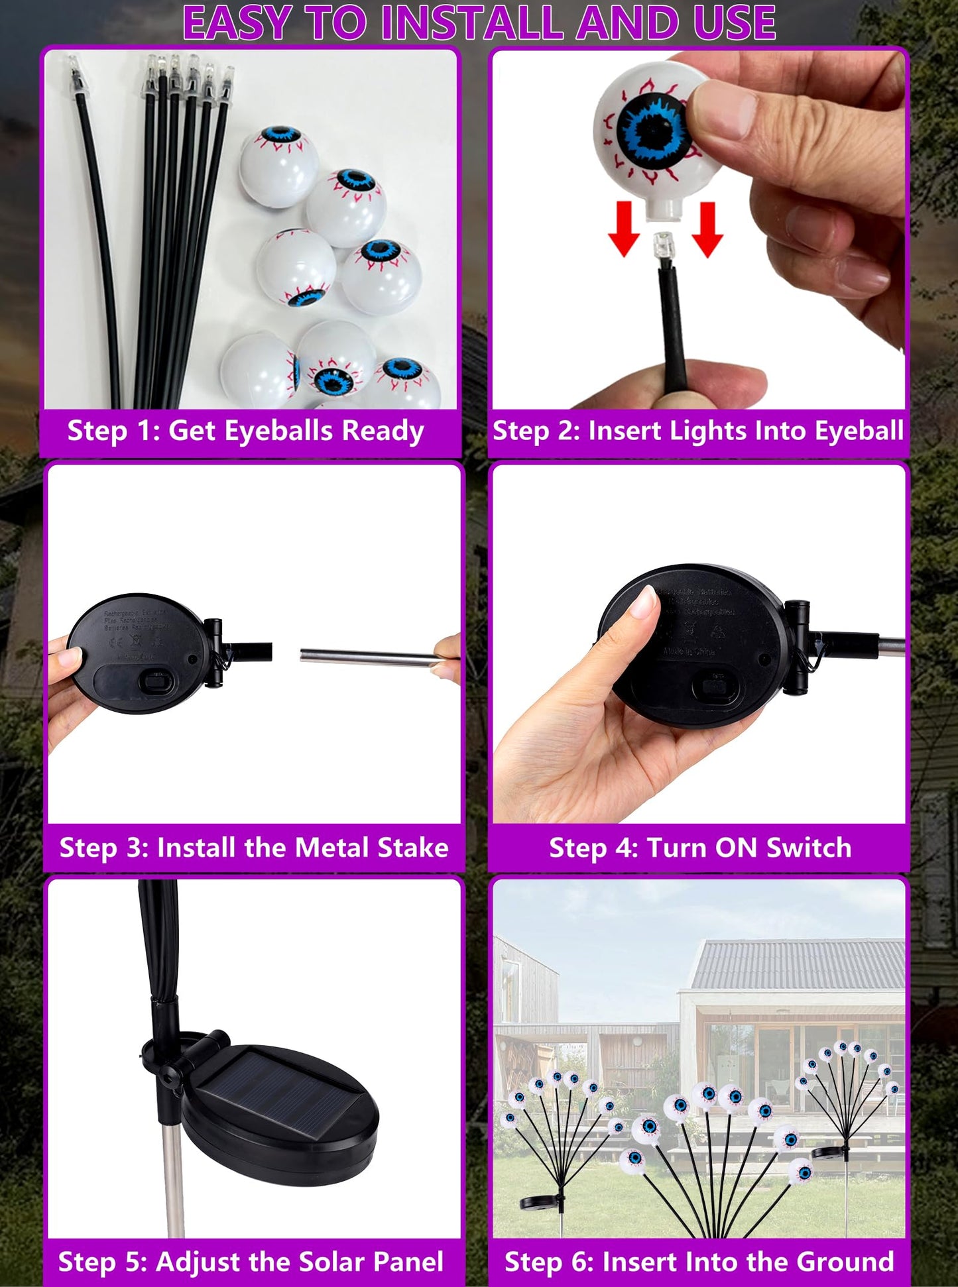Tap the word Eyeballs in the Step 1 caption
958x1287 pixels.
(x=278, y=431)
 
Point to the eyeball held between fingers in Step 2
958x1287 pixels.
(x=653, y=133)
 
